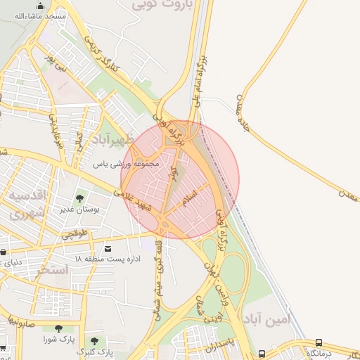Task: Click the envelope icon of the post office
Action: tap(108, 249)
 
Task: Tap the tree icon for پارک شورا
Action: tap(58, 328)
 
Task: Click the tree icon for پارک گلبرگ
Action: tap(94, 341)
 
